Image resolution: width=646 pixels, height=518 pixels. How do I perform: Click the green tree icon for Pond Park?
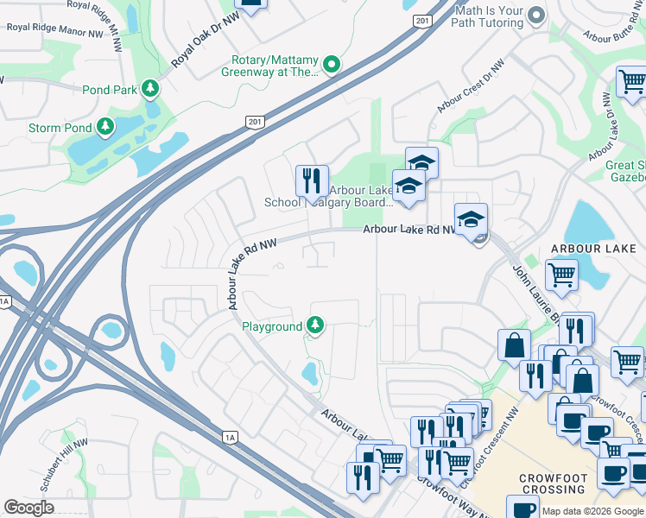point(150,89)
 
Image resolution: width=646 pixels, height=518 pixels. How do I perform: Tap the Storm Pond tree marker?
point(105,128)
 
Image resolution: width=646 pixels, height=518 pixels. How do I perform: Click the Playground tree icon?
point(316,326)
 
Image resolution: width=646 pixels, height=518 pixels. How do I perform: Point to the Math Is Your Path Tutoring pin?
point(536,16)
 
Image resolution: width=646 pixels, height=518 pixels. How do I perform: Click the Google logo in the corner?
point(28,507)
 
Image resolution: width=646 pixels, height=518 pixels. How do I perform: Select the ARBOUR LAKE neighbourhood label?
point(586,249)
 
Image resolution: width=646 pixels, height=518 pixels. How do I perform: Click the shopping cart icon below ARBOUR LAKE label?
point(562,275)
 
